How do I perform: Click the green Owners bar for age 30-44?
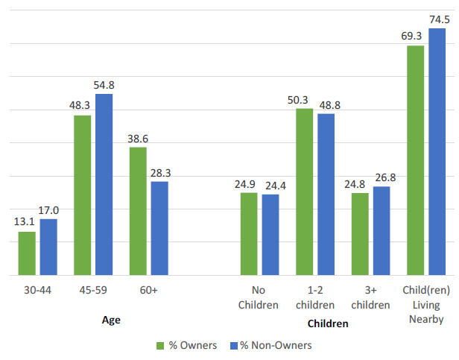click(x=27, y=253)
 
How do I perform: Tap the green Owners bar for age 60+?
click(x=138, y=211)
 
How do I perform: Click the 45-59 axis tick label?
click(x=93, y=290)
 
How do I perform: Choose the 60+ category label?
click(x=148, y=290)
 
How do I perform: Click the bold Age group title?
click(x=111, y=319)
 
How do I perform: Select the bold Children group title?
click(x=328, y=324)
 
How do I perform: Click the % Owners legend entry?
click(x=187, y=345)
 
